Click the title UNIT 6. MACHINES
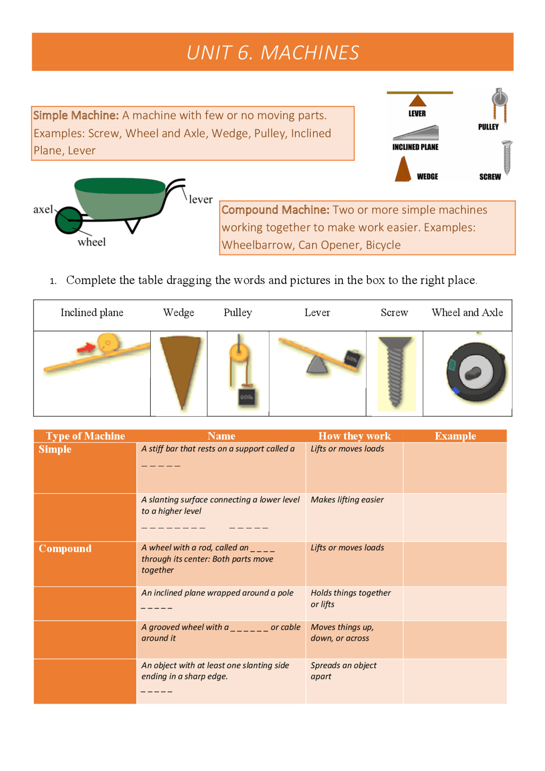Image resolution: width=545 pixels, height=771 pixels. coord(272,53)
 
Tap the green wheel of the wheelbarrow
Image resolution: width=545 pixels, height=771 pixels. coord(68,220)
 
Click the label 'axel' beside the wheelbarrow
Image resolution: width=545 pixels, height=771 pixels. coord(43,209)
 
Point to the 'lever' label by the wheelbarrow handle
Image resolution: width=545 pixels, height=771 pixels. coord(201,199)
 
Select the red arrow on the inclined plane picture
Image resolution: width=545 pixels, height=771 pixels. coord(86,348)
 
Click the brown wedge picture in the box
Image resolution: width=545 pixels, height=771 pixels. coord(180,370)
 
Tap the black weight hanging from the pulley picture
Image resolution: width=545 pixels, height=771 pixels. coord(247,397)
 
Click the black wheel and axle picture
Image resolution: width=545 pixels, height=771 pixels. coord(476,373)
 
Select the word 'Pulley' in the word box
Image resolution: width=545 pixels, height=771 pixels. coord(238,313)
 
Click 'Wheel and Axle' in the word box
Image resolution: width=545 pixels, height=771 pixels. coord(467,313)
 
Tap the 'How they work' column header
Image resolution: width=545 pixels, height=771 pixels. coord(354,436)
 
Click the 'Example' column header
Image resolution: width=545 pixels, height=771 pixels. coord(455,436)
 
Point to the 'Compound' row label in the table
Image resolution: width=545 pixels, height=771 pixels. coord(65,548)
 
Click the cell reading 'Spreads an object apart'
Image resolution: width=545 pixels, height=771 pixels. coord(343,671)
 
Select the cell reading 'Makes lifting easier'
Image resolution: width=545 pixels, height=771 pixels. coord(347,500)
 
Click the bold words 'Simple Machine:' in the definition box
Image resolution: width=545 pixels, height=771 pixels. coord(76,115)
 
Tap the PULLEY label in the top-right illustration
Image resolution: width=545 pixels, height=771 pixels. coord(488,127)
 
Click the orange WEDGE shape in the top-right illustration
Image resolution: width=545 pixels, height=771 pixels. coord(402,170)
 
